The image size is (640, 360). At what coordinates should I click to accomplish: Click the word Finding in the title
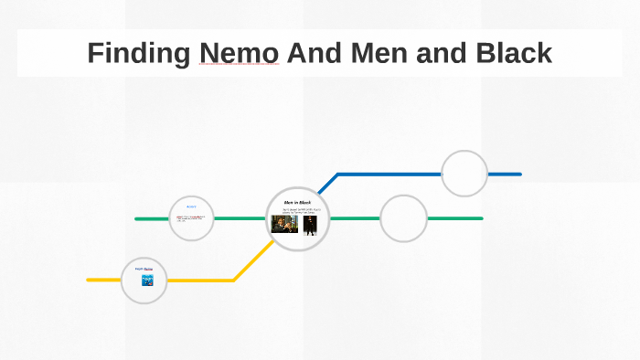[138, 53]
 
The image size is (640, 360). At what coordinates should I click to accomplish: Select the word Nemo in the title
[238, 53]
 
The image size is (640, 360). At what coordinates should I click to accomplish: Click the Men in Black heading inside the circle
[298, 201]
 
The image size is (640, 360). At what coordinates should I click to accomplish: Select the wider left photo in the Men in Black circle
[285, 224]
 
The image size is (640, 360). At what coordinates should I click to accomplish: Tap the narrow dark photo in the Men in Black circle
[310, 225]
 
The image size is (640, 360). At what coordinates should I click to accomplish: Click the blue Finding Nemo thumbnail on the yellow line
[146, 281]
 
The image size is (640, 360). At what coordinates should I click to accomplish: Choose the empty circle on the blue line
[464, 174]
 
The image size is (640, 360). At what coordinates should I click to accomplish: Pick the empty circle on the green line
[403, 218]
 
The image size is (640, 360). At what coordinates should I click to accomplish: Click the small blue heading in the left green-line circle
[192, 206]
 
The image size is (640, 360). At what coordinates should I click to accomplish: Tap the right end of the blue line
[518, 174]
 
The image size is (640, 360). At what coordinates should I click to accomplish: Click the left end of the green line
[137, 218]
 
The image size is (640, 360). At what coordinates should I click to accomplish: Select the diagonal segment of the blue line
[327, 183]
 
